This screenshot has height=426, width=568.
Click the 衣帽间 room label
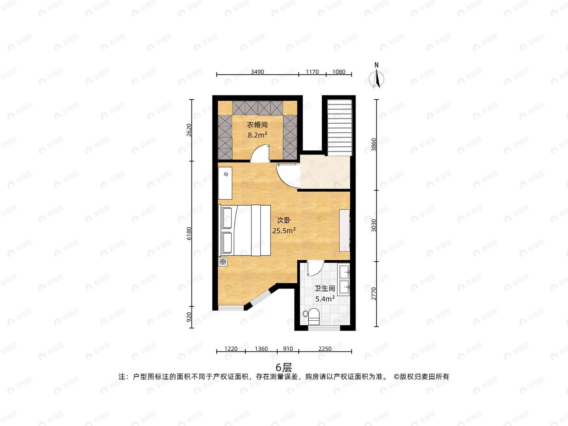(x=257, y=125)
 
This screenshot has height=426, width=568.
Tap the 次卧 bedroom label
(x=284, y=220)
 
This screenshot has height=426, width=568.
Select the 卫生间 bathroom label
(x=325, y=289)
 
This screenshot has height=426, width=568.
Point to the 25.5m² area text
(x=284, y=231)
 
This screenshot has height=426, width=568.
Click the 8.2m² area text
(x=257, y=135)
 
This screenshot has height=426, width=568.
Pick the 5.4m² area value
(x=325, y=299)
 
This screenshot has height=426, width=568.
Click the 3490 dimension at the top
(x=257, y=72)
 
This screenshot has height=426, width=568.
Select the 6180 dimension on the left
(x=189, y=234)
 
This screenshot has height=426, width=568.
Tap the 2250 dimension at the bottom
(x=325, y=349)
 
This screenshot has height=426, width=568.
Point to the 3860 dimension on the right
(x=374, y=145)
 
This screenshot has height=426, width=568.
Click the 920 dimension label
(x=189, y=317)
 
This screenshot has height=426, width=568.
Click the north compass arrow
(x=377, y=76)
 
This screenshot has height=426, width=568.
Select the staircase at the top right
(x=340, y=128)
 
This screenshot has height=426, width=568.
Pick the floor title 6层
(x=284, y=367)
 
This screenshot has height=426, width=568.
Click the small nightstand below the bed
(x=223, y=262)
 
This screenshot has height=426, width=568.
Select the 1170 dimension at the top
(x=312, y=72)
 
